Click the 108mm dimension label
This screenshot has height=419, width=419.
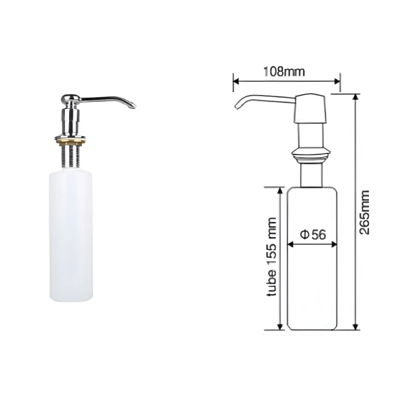click(284, 72)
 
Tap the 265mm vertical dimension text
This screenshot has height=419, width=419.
click(364, 213)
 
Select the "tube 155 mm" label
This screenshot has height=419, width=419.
click(272, 257)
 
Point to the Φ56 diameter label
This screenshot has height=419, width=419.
click(313, 235)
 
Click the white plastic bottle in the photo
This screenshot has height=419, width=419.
click(71, 237)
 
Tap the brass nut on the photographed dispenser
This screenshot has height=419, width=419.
click(71, 142)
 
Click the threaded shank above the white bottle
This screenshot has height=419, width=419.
click(71, 156)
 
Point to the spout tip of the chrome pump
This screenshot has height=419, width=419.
click(133, 106)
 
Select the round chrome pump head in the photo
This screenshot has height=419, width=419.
click(71, 98)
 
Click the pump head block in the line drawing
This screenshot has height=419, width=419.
click(310, 108)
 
